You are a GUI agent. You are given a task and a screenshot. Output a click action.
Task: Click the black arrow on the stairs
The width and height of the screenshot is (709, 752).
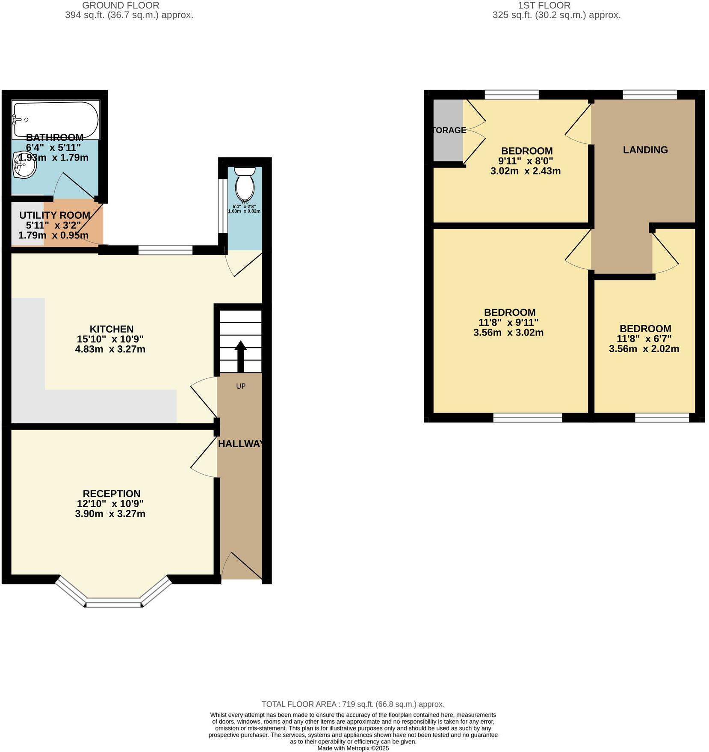pyautogui.click(x=240, y=356)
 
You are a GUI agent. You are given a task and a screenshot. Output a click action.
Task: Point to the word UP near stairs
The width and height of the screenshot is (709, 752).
pyautogui.click(x=241, y=386)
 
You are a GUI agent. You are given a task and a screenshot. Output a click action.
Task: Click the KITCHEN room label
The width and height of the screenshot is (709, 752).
pyautogui.click(x=111, y=329)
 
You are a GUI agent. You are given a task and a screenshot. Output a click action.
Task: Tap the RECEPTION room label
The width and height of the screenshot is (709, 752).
pyautogui.click(x=111, y=493)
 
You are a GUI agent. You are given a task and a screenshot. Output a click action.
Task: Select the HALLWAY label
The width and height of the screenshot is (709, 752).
pyautogui.click(x=241, y=444)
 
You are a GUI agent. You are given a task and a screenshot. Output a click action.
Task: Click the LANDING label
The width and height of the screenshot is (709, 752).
pyautogui.click(x=645, y=150)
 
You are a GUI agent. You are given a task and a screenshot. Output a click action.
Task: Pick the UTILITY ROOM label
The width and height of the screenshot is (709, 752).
pyautogui.click(x=55, y=215)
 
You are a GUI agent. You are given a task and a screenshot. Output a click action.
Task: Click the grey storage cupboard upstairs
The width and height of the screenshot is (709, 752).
pyautogui.click(x=447, y=146)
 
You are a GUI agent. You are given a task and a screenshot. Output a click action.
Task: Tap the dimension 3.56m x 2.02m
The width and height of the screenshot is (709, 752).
pyautogui.click(x=644, y=349)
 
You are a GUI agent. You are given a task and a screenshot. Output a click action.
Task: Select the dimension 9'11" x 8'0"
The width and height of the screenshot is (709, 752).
pyautogui.click(x=526, y=161)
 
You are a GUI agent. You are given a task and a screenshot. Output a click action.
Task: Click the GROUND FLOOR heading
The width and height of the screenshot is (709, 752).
pyautogui.click(x=121, y=6)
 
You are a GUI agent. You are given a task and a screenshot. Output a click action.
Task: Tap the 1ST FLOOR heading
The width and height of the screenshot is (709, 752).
pyautogui.click(x=544, y=6)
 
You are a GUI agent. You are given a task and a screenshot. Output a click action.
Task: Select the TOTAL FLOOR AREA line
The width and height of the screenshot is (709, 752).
pyautogui.click(x=353, y=704)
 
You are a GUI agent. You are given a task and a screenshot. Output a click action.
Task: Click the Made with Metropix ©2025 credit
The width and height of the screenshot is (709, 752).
pyautogui.click(x=353, y=749)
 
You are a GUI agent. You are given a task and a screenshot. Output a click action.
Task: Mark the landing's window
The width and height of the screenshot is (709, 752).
pyautogui.click(x=649, y=95)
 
